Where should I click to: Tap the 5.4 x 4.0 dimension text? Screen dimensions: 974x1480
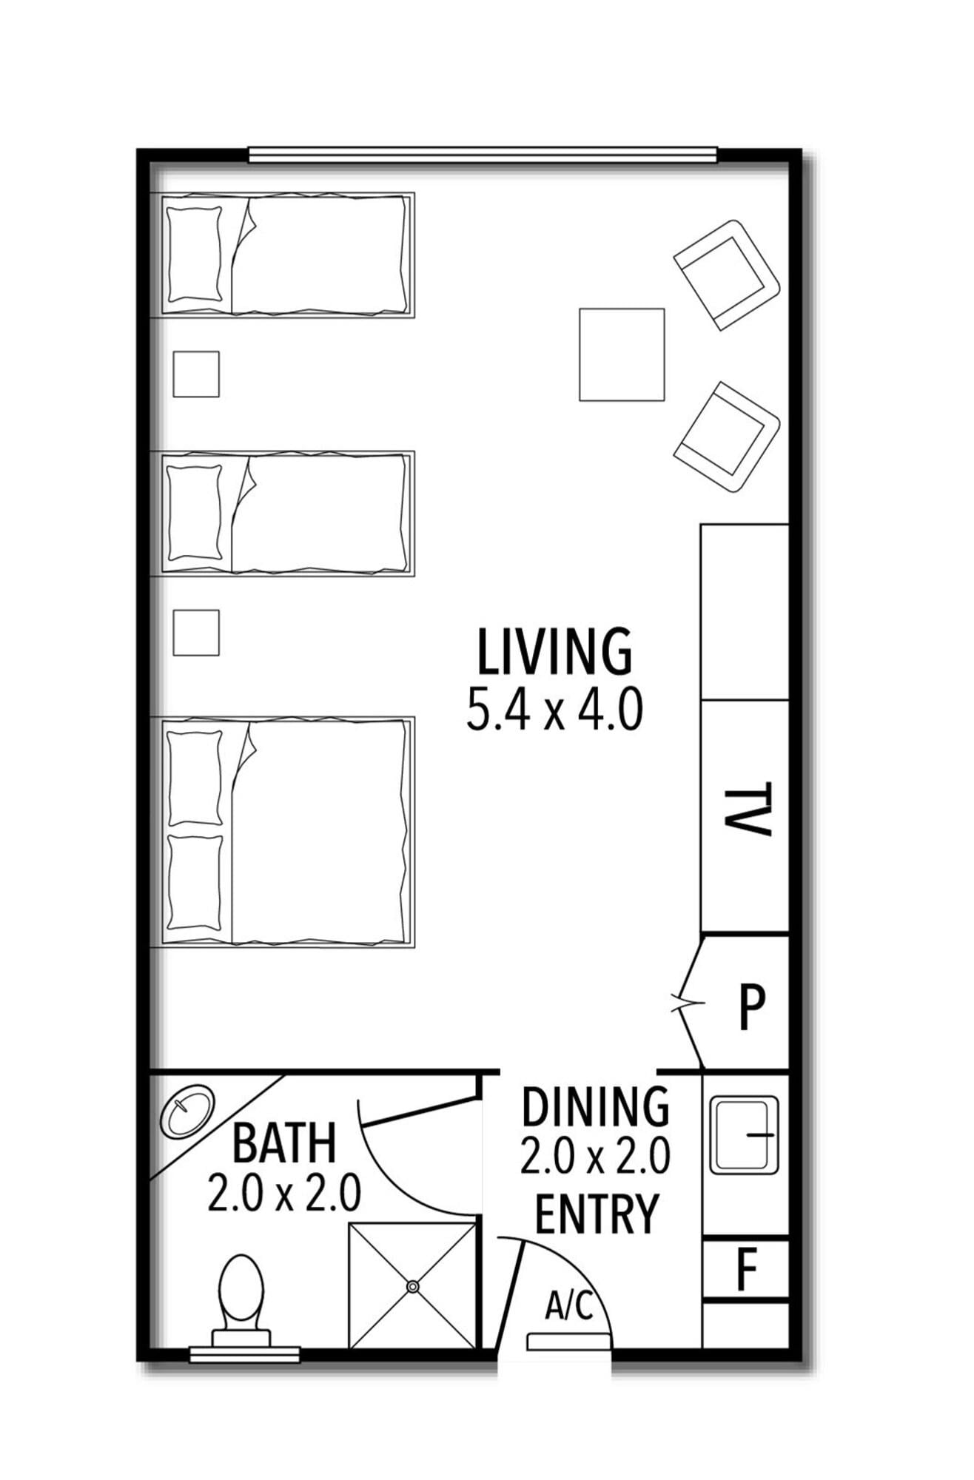click(x=554, y=710)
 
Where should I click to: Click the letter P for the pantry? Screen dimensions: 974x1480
click(x=752, y=1007)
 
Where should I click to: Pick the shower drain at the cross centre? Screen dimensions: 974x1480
click(x=412, y=1287)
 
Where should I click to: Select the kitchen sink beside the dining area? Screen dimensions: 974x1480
click(x=745, y=1135)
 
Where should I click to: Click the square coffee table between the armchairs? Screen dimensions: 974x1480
click(x=622, y=354)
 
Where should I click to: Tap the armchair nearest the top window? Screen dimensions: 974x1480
click(x=727, y=275)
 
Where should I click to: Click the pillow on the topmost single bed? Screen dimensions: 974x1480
click(x=195, y=255)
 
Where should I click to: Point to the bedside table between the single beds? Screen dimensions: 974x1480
click(x=196, y=374)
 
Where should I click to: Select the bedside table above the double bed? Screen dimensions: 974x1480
click(x=196, y=633)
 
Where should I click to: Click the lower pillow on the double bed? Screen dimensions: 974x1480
click(x=195, y=882)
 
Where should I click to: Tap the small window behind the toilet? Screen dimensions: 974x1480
click(x=245, y=1354)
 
